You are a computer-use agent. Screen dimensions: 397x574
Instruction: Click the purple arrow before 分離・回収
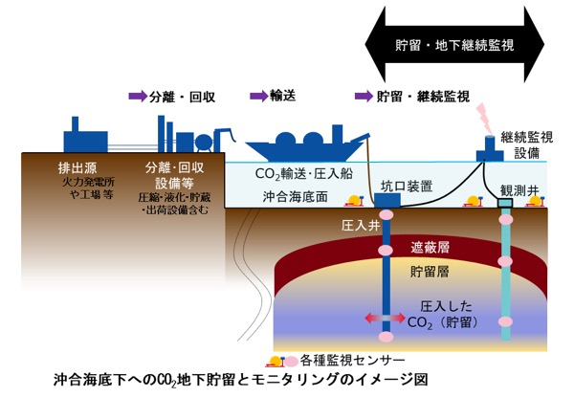coord(137,97)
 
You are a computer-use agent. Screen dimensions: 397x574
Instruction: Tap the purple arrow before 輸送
coord(256,97)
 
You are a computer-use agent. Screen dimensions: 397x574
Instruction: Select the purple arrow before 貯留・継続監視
coord(363,97)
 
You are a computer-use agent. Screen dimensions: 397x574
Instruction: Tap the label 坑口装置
coord(407,187)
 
